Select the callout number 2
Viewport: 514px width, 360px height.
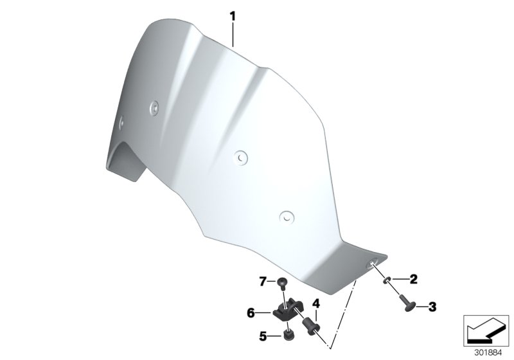[413, 278]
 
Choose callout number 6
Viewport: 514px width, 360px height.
[252, 313]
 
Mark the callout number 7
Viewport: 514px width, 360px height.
[262, 281]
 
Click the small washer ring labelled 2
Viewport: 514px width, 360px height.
[387, 278]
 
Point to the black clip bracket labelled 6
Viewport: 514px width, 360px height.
[287, 312]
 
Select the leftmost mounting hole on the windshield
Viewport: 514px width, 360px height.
[121, 118]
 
